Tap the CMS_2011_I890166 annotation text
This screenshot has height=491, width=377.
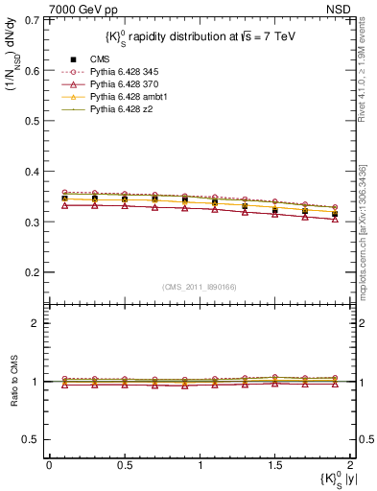point(200,287)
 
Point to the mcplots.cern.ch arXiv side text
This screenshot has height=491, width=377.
point(363,230)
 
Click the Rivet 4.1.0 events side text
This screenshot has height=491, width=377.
point(363,77)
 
